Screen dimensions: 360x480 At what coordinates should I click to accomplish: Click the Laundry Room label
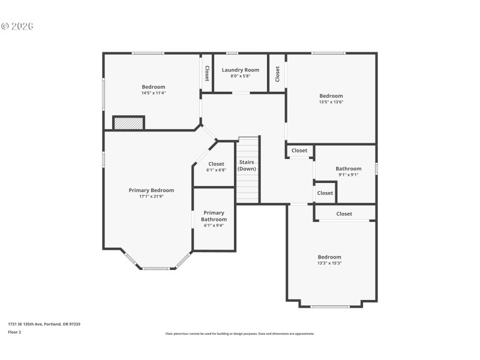tap(240, 70)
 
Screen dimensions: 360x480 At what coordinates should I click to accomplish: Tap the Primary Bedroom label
tap(151, 190)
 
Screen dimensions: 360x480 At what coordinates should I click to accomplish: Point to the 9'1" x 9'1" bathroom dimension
tap(348, 175)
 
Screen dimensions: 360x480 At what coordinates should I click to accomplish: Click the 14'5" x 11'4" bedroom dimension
tap(153, 93)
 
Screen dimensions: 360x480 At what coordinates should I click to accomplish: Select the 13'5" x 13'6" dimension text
tap(331, 102)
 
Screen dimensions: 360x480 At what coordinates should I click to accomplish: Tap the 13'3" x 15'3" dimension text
tap(329, 263)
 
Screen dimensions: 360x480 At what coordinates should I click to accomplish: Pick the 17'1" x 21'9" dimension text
tap(151, 196)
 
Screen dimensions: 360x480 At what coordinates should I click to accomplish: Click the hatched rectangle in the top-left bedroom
tap(129, 122)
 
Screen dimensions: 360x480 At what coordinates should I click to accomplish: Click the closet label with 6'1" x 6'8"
tap(216, 164)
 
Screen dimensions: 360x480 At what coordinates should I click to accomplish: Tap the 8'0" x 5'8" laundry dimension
tap(240, 76)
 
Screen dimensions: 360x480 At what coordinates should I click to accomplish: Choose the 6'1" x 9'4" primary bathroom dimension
tap(214, 226)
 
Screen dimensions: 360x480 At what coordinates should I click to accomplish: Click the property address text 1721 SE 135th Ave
tap(44, 324)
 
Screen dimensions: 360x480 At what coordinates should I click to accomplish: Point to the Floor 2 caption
tap(14, 332)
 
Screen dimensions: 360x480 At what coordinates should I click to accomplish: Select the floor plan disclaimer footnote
tap(239, 334)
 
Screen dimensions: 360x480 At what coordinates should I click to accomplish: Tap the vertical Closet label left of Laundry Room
tap(207, 73)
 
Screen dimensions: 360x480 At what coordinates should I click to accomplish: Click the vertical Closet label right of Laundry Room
tap(277, 73)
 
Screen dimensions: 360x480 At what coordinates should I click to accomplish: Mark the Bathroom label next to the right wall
tap(348, 169)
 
